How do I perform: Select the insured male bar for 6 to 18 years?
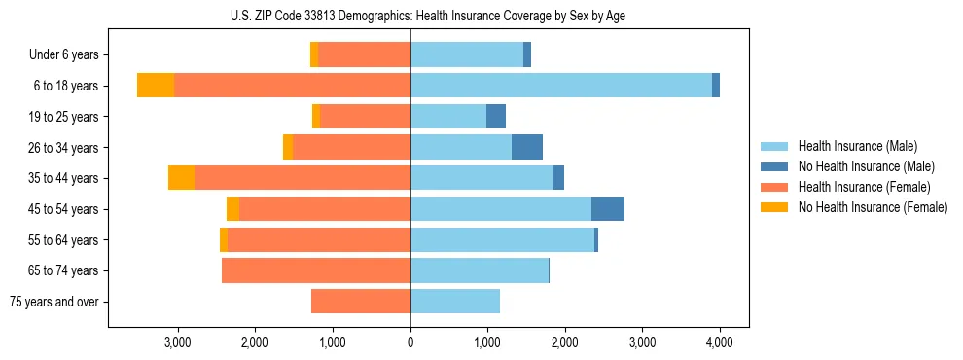[560, 86]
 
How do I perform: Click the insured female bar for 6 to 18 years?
[292, 86]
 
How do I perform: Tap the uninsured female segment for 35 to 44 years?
[181, 178]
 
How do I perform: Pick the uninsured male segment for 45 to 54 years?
[607, 209]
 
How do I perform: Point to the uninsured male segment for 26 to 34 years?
[526, 147]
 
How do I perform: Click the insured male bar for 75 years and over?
[454, 302]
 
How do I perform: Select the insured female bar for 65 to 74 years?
[316, 270]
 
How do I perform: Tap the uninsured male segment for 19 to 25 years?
[496, 117]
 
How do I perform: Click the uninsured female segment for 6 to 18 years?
[156, 86]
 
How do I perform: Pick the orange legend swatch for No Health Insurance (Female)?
[774, 207]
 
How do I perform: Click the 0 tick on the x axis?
[410, 343]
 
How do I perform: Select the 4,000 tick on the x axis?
[719, 343]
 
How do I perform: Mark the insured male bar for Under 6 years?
[466, 55]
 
